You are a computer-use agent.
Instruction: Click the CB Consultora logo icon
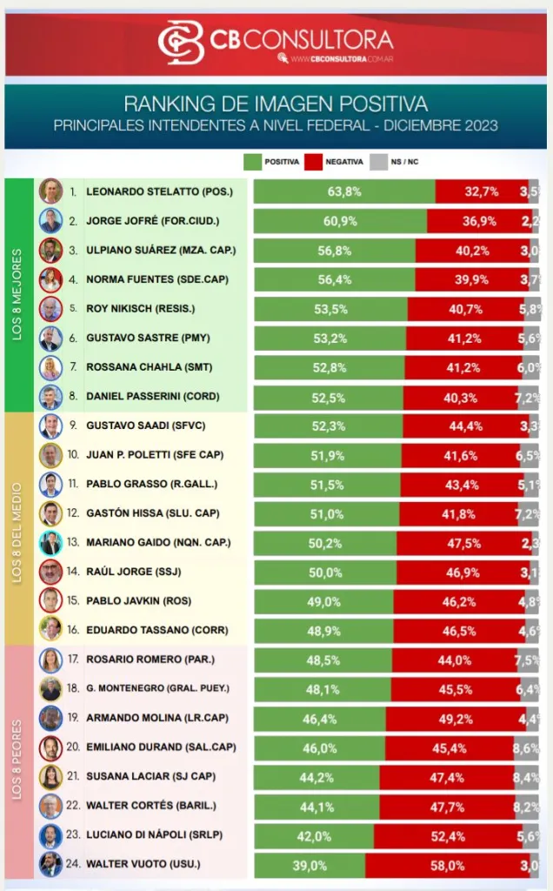pyautogui.click(x=181, y=41)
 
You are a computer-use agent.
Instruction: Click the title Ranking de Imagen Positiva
pyautogui.click(x=276, y=104)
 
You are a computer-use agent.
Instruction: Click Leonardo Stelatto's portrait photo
pyautogui.click(x=50, y=191)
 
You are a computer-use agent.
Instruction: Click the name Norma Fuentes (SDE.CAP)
pyautogui.click(x=159, y=279)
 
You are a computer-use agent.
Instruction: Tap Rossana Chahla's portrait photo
pyautogui.click(x=50, y=367)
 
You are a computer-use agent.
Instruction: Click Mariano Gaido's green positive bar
pyautogui.click(x=324, y=543)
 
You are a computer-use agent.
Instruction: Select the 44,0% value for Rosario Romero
pyautogui.click(x=454, y=660)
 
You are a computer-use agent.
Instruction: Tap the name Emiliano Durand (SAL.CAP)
pyautogui.click(x=160, y=747)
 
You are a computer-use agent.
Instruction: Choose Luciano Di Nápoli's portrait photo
pyautogui.click(x=50, y=835)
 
